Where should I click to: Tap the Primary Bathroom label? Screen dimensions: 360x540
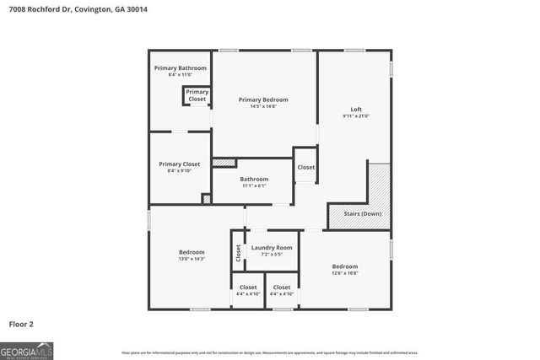(180, 67)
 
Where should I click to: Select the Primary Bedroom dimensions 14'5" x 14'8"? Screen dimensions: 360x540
(263, 106)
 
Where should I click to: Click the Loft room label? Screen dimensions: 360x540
(357, 109)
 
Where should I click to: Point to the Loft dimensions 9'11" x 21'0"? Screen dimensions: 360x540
(357, 116)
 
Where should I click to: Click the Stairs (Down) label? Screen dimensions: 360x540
(363, 214)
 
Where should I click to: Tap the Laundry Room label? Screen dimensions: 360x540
(272, 247)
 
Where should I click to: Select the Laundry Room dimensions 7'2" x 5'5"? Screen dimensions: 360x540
(272, 254)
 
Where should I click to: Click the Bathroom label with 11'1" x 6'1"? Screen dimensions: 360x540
(254, 179)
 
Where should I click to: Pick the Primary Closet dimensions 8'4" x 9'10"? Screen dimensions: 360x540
(179, 170)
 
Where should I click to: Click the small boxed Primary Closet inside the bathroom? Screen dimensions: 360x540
(197, 95)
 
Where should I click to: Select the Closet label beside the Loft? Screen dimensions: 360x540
(305, 167)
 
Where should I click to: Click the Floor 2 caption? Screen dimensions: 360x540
(22, 324)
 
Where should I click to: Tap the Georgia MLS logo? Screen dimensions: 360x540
(27, 349)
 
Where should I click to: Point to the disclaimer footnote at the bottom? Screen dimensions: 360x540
(270, 352)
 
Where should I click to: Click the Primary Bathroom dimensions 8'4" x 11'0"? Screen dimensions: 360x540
(180, 75)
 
